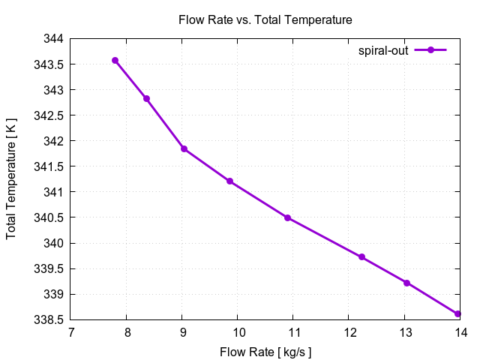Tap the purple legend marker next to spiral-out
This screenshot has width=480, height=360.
click(430, 50)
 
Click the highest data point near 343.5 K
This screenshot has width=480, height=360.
click(115, 60)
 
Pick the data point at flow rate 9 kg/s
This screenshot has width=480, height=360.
click(184, 148)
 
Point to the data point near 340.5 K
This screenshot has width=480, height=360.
click(287, 217)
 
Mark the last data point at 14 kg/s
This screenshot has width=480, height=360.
click(457, 314)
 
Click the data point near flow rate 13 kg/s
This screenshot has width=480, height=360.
click(406, 283)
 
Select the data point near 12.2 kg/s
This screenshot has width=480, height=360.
click(361, 257)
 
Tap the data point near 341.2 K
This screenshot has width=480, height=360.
click(229, 181)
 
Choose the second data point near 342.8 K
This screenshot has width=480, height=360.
click(146, 98)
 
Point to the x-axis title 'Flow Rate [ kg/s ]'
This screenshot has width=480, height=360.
click(265, 352)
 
